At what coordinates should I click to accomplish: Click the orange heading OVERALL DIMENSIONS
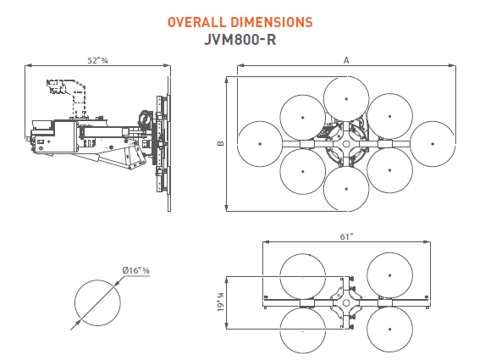240,21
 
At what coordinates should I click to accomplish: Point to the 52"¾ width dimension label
98,60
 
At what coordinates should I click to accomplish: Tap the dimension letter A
345,59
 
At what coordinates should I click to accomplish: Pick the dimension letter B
220,144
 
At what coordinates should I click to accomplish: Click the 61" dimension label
345,237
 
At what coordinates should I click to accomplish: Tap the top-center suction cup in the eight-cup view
346,99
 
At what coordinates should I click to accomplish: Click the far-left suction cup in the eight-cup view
261,145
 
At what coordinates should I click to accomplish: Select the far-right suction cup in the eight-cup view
432,145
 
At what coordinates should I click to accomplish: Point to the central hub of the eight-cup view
346,145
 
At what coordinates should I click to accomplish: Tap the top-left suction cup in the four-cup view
303,275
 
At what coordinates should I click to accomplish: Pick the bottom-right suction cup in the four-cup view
389,329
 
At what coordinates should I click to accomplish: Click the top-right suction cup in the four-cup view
389,275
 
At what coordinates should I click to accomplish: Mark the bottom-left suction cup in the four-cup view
303,329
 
